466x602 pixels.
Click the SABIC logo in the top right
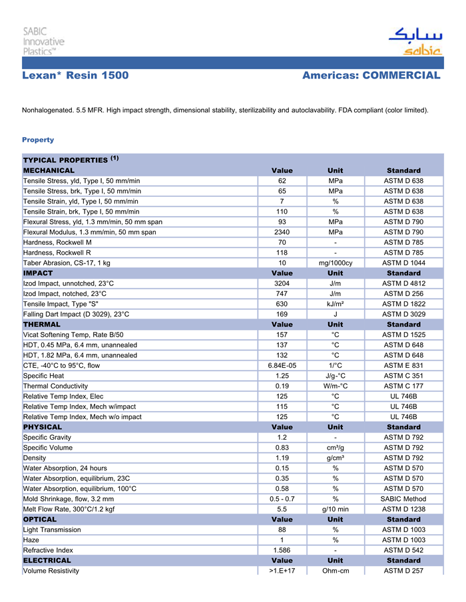click(415, 41)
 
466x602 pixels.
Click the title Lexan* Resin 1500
click(75, 76)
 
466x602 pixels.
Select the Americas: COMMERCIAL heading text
click(371, 76)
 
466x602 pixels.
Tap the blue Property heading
click(38, 140)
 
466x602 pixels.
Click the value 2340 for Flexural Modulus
click(282, 232)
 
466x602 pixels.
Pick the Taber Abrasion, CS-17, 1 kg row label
click(67, 263)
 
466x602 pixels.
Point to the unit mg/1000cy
click(336, 263)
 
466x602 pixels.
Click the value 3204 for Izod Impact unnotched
click(282, 283)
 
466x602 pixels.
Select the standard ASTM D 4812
click(403, 283)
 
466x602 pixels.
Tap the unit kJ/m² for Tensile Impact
click(336, 304)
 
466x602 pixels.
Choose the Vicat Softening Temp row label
click(73, 335)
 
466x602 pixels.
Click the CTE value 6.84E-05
click(282, 365)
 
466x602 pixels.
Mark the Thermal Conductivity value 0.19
click(282, 386)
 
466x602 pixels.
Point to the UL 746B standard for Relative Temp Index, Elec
click(403, 396)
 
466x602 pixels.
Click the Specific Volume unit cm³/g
click(336, 448)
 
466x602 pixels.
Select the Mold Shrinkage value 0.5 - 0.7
click(282, 499)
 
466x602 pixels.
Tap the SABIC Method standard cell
click(403, 499)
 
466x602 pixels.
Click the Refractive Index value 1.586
click(282, 550)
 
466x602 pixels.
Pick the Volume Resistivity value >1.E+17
click(282, 571)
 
